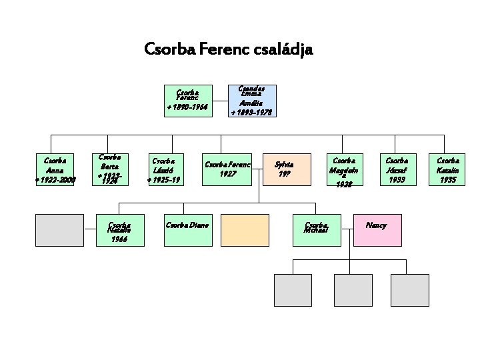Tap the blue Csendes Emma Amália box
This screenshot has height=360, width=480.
tap(251, 101)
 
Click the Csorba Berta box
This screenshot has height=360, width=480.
tap(109, 170)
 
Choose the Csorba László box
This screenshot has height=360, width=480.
tap(164, 170)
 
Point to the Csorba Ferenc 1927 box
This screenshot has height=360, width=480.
tap(228, 170)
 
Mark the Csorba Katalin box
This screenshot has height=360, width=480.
tap(447, 170)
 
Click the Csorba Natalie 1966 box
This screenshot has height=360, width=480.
tap(120, 230)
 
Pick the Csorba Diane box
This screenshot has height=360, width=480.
tap(187, 230)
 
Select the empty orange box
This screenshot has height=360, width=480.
tap(245, 230)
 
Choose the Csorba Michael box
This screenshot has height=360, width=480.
tap(319, 230)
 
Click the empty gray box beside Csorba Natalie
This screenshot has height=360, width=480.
tap(59, 230)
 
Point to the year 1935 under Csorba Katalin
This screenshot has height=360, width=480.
tap(447, 179)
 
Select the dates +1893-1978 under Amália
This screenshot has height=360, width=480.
tap(251, 113)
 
